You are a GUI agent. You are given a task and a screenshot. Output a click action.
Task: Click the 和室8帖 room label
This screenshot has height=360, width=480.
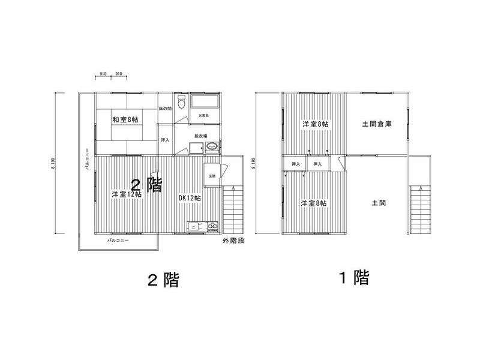click(125, 119)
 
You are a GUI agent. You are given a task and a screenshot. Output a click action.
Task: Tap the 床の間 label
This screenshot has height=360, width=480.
click(166, 109)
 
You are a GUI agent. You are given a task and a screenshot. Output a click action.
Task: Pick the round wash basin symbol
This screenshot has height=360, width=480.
click(212, 146)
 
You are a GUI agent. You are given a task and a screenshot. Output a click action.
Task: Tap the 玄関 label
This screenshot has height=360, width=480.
click(212, 176)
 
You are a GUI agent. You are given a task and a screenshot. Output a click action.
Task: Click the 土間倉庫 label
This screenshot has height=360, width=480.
click(377, 125)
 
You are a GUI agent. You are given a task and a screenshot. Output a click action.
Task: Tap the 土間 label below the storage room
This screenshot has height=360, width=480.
click(379, 203)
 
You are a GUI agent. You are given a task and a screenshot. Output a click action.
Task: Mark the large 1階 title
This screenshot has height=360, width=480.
click(352, 277)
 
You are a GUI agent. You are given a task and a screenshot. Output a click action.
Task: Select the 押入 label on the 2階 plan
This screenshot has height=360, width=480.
click(165, 140)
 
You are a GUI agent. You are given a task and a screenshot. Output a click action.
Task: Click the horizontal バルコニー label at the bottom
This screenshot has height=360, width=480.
click(119, 240)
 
